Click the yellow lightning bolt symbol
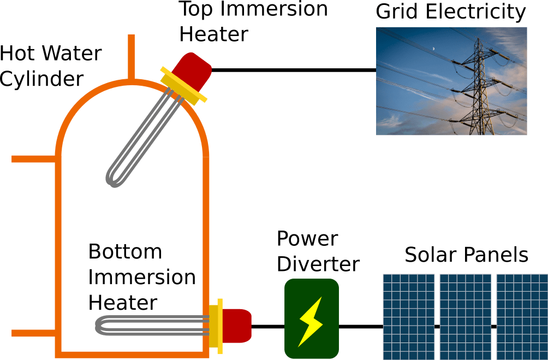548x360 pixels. click(310, 321)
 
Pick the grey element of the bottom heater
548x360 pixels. click(147, 326)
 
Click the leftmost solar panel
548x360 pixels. click(408, 316)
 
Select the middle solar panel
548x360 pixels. click(465, 316)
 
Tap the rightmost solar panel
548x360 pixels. click(521, 316)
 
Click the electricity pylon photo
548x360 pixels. click(451, 81)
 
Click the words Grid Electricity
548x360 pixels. click(451, 12)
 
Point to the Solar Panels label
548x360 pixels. click(466, 255)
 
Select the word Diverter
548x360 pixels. click(318, 264)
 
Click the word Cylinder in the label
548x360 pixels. click(41, 79)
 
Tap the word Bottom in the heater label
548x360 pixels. click(126, 252)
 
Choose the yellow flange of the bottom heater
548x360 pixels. click(220, 325)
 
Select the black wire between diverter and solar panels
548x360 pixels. click(361, 327)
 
